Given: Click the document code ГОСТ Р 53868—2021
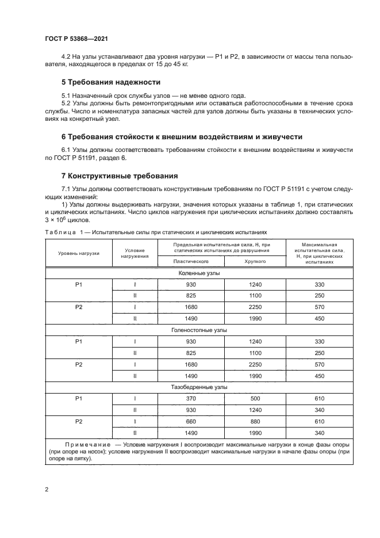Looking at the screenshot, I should (x=76, y=39).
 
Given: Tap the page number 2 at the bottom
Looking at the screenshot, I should (x=47, y=490).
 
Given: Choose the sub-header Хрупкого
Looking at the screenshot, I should (x=255, y=261).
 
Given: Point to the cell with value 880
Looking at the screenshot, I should (x=255, y=421).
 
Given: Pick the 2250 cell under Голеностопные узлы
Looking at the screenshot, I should (x=255, y=364).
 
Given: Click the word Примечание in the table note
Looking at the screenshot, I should (x=89, y=445).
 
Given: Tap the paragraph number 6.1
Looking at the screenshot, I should (x=67, y=150).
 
